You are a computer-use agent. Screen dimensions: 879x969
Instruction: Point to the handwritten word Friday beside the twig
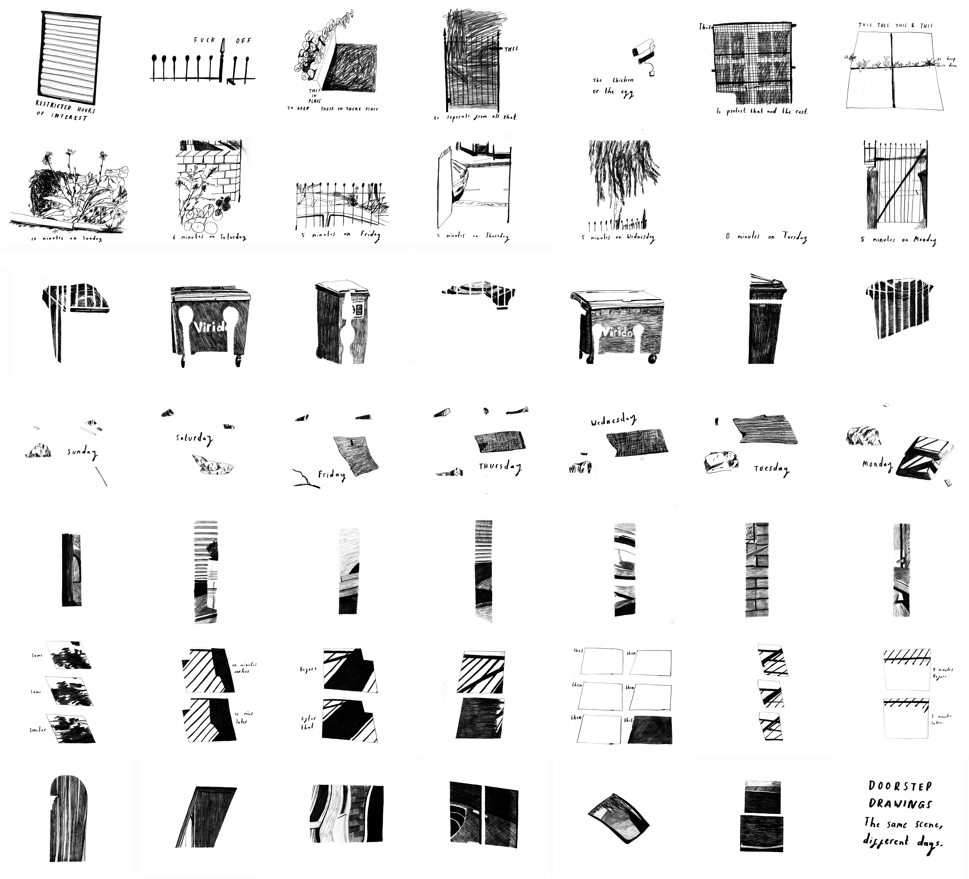332,475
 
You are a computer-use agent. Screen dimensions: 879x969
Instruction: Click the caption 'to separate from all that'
475,117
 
